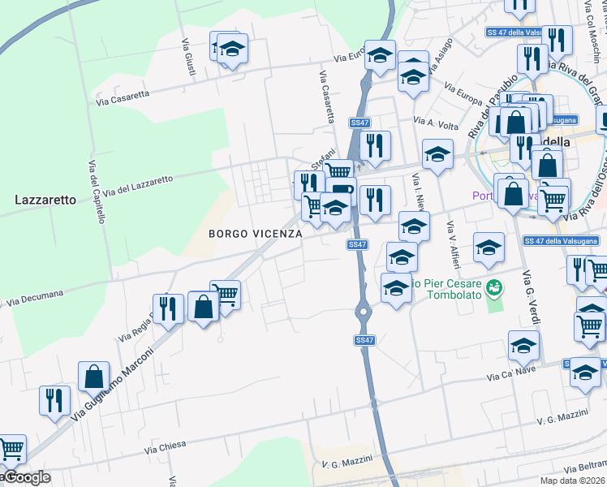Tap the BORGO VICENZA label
[256, 234]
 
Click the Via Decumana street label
[35, 299]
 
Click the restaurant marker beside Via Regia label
[168, 308]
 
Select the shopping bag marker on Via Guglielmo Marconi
[94, 377]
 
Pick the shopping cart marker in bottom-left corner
[11, 449]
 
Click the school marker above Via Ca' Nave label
[523, 345]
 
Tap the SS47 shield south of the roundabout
[364, 340]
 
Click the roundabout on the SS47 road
[362, 310]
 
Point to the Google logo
[26, 477]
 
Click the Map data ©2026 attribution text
[573, 481]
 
